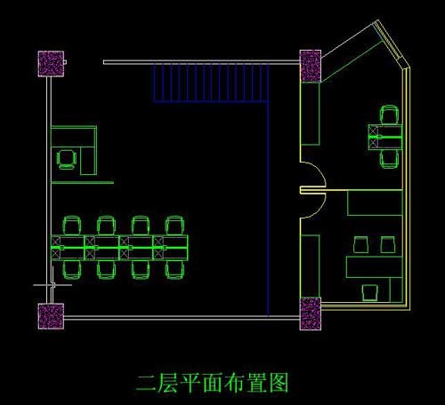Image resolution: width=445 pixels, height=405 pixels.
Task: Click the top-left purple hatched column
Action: tap(51, 64)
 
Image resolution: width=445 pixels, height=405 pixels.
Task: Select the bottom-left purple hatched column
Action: tap(51, 316)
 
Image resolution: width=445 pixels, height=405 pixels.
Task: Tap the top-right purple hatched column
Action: tap(311, 66)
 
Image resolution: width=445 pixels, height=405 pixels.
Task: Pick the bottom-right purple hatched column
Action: tap(311, 314)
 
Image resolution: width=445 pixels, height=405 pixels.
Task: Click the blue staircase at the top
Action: tap(211, 83)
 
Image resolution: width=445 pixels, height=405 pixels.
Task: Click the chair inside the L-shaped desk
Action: tap(67, 160)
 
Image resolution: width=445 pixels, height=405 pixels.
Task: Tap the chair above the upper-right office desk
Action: tap(389, 115)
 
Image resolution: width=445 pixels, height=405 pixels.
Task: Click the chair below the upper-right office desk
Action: tap(389, 159)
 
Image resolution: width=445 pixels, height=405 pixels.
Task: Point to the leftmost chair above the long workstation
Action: tap(71, 226)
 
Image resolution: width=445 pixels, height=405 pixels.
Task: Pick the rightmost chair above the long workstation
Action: tap(175, 226)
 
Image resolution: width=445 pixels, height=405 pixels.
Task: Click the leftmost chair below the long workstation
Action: tap(71, 270)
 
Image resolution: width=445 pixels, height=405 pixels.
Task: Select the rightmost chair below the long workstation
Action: tap(175, 270)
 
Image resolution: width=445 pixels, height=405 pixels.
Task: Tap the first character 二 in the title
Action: tap(146, 384)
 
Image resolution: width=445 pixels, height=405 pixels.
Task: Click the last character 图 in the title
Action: tap(279, 383)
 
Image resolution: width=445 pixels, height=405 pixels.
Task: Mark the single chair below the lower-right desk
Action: tap(370, 293)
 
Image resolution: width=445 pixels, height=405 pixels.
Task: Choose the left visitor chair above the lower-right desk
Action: tap(361, 245)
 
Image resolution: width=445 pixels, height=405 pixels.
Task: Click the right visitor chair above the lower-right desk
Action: tap(388, 245)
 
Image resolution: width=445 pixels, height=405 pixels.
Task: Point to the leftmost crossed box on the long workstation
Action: tap(56, 248)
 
